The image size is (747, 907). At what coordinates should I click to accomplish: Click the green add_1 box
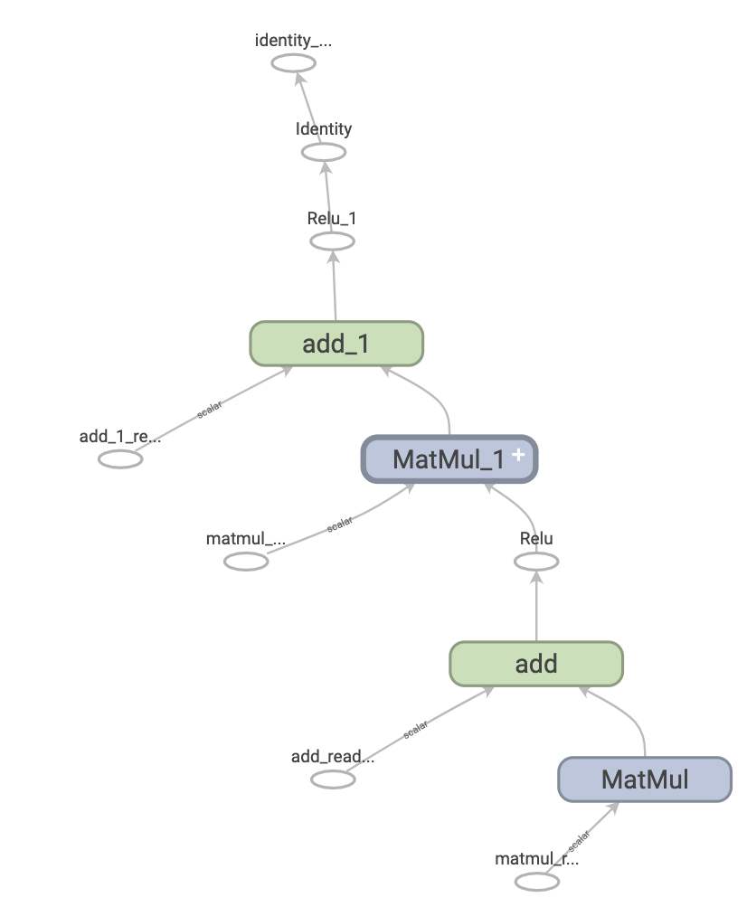(336, 344)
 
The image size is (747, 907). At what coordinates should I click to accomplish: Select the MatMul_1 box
(449, 458)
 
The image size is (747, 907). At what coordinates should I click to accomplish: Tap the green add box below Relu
(536, 665)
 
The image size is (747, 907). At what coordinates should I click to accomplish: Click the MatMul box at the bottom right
(644, 779)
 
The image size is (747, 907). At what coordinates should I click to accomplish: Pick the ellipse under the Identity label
(323, 152)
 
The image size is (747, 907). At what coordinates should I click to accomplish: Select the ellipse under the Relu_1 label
(332, 241)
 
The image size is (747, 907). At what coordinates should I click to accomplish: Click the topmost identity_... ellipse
(294, 62)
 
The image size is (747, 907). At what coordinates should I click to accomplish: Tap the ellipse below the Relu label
(536, 562)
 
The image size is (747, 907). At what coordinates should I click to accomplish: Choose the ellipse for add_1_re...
(120, 458)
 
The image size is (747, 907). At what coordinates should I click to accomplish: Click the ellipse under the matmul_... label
(246, 562)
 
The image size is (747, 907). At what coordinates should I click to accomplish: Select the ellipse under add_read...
(333, 779)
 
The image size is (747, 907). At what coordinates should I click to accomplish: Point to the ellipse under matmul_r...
(537, 881)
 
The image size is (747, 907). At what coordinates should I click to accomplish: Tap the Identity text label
(324, 129)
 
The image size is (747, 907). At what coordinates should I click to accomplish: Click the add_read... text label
(333, 756)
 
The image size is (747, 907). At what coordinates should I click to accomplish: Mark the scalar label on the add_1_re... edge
(210, 408)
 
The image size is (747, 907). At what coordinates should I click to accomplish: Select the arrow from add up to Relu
(536, 607)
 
